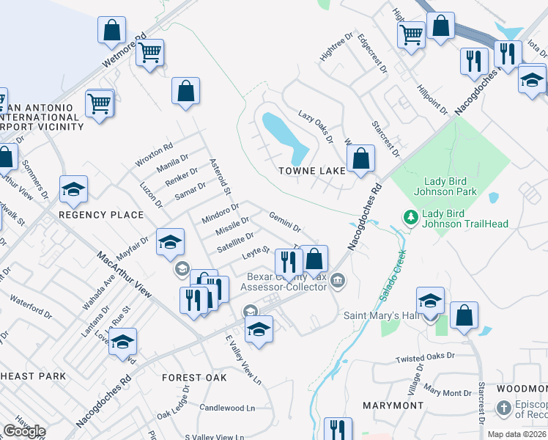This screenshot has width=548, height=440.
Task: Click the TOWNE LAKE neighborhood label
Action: (x=312, y=171)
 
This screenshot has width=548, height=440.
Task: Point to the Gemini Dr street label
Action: (x=286, y=221)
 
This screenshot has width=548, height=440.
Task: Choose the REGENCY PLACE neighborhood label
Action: (x=101, y=214)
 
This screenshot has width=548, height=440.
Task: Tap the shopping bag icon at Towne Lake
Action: (x=360, y=158)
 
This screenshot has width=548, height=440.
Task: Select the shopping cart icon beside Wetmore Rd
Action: (x=150, y=53)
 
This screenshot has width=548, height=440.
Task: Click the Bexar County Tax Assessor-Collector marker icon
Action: (x=338, y=279)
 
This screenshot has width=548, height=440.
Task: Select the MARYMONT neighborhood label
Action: (x=393, y=405)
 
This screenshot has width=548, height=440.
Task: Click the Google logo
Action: (x=25, y=430)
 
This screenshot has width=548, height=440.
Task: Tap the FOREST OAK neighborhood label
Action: (x=194, y=378)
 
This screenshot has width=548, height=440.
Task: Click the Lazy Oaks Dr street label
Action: (x=316, y=127)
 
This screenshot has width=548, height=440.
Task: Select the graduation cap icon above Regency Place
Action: (x=73, y=190)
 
